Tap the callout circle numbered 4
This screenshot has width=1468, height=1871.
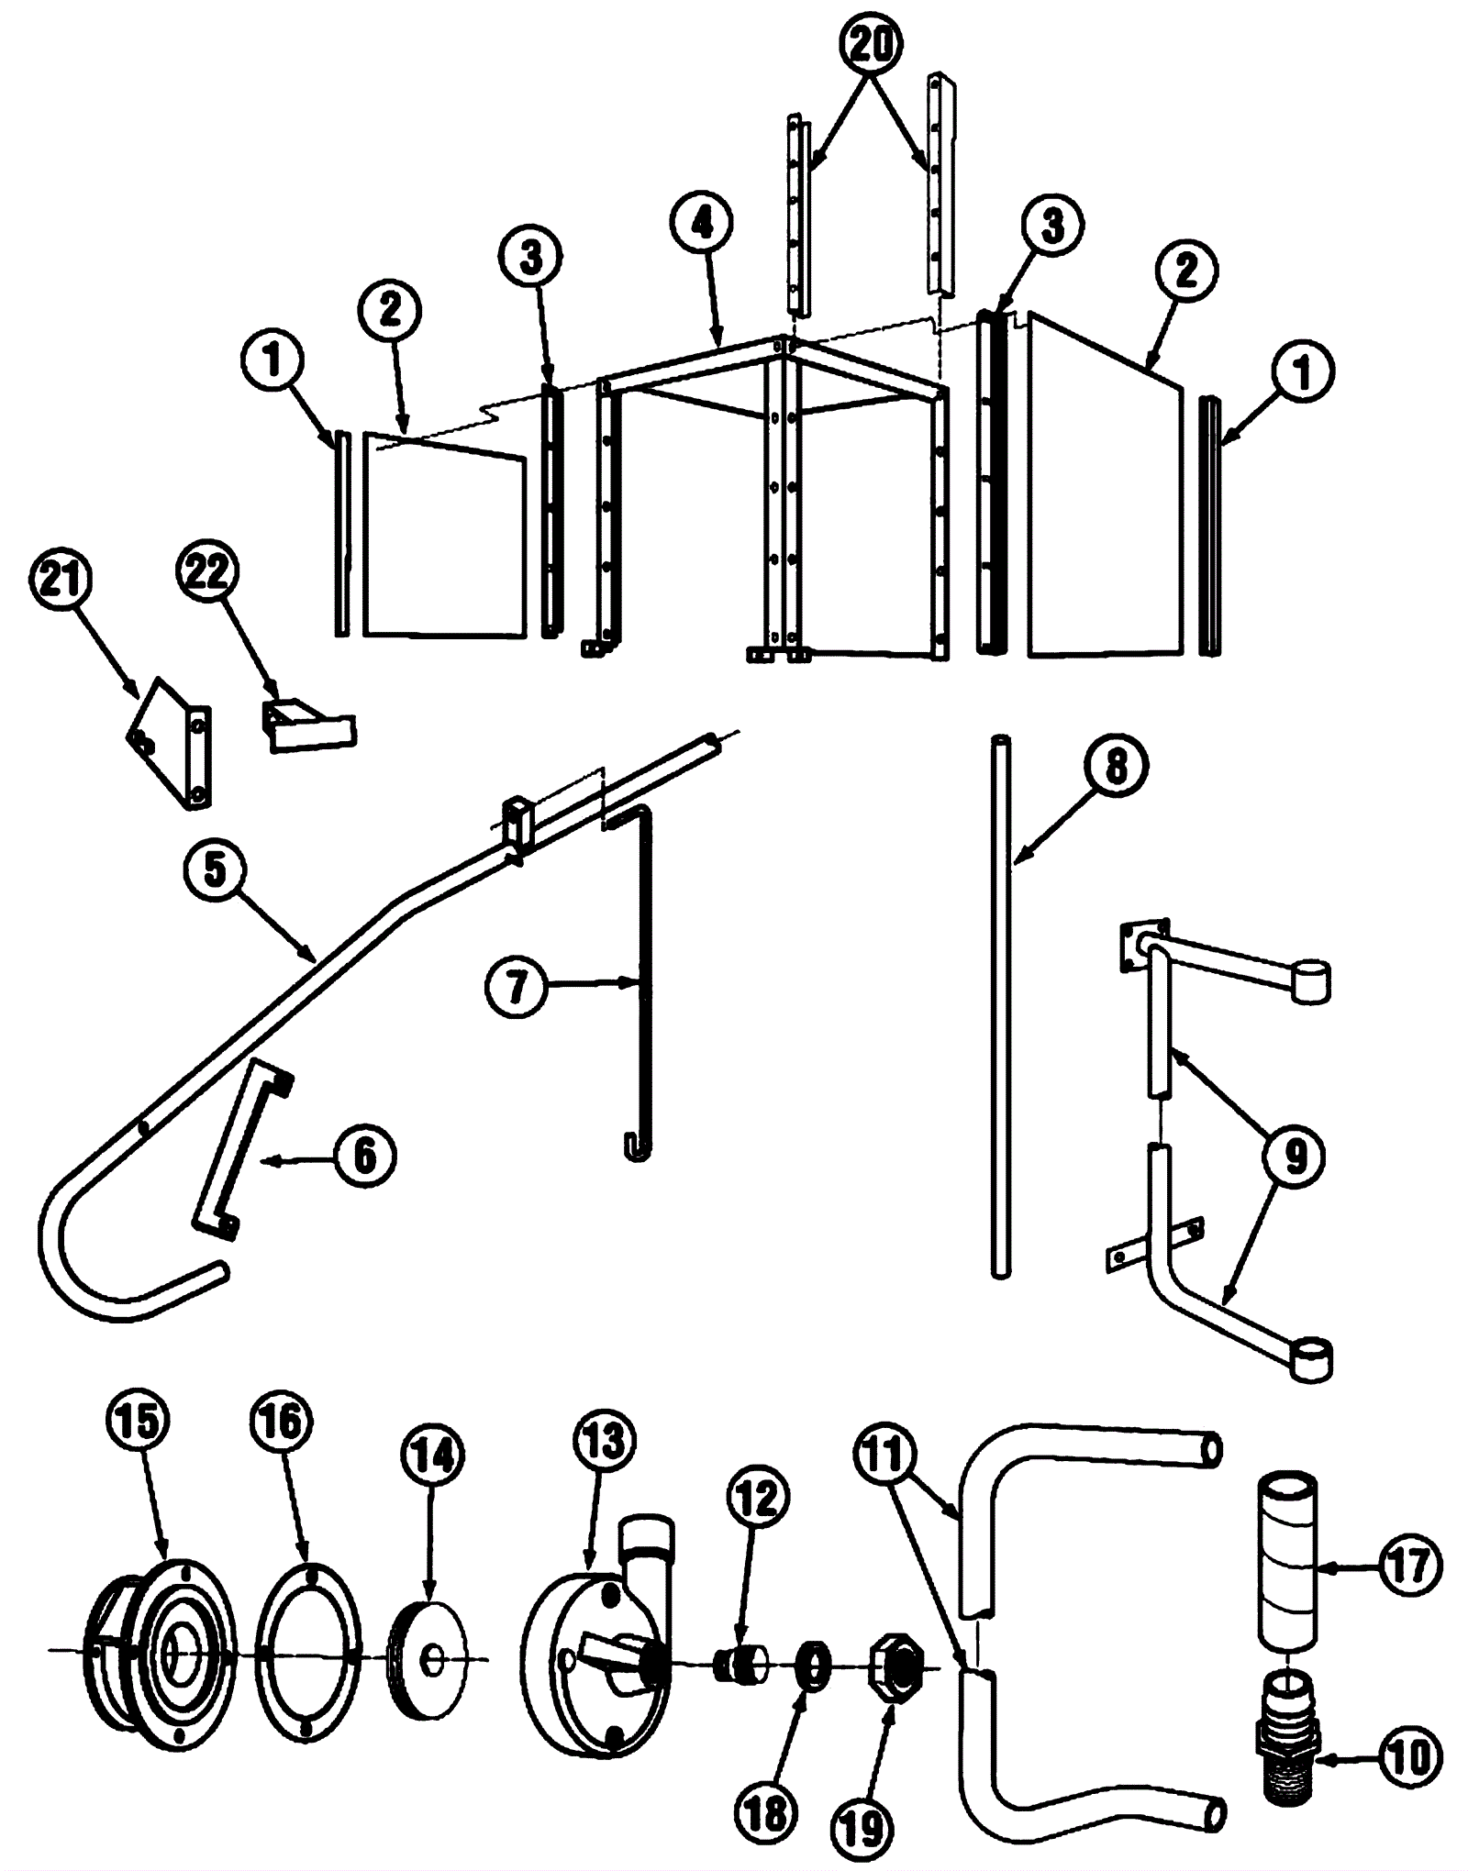pyautogui.click(x=703, y=223)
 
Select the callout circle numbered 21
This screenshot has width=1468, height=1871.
pyautogui.click(x=61, y=580)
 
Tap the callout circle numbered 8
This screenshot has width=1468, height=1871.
pyautogui.click(x=1116, y=767)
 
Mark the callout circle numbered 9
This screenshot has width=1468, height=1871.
pyautogui.click(x=1294, y=1157)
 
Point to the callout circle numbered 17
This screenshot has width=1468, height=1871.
pyautogui.click(x=1409, y=1567)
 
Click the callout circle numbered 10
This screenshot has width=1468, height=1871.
pyautogui.click(x=1409, y=1757)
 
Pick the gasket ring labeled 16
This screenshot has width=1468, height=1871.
pyautogui.click(x=308, y=1641)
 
